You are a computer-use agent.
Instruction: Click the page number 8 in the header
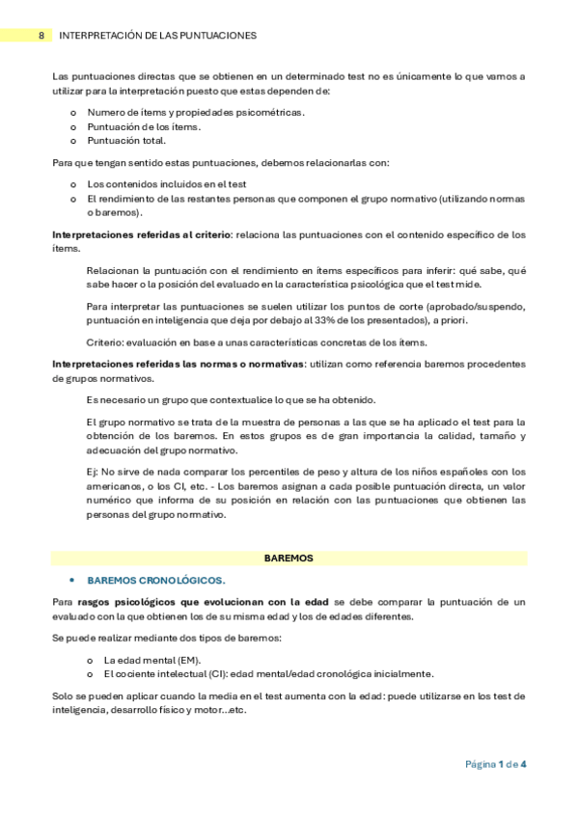tap(41, 35)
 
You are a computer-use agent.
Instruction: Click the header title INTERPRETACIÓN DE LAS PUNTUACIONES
tap(157, 35)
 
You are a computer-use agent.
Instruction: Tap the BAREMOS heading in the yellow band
tap(289, 558)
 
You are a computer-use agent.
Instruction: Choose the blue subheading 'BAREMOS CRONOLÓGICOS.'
tap(156, 581)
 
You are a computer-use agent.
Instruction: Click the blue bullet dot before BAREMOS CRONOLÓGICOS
tap(72, 581)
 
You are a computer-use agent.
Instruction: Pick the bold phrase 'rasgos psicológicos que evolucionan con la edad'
tap(204, 602)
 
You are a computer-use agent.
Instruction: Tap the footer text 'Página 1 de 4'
tap(495, 764)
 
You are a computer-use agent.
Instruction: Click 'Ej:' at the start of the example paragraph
tap(93, 471)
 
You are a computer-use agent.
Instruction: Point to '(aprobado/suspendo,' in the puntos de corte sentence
tap(479, 305)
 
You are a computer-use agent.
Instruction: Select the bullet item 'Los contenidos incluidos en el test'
tap(167, 183)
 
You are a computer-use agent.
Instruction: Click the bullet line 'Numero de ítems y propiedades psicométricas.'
tap(195, 113)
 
